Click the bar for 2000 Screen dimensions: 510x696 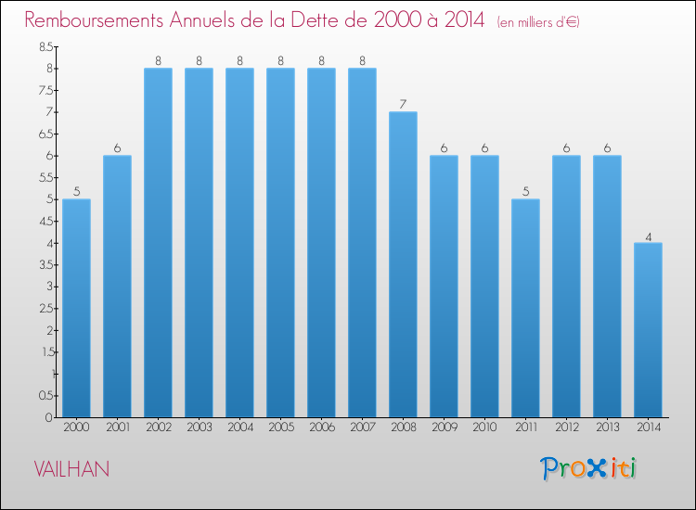pyautogui.click(x=76, y=308)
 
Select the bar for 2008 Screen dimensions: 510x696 pyautogui.click(x=403, y=264)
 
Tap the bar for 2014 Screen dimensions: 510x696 pyautogui.click(x=648, y=330)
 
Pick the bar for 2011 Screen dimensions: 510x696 pyautogui.click(x=525, y=308)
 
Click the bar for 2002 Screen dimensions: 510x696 pyautogui.click(x=158, y=243)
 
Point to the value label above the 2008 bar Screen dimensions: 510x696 pyautogui.click(x=403, y=104)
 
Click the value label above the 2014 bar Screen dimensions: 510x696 pyautogui.click(x=648, y=236)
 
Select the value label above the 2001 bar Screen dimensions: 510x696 pyautogui.click(x=117, y=148)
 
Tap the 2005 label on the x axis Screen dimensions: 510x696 pyautogui.click(x=280, y=427)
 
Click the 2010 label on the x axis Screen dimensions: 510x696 pyautogui.click(x=484, y=427)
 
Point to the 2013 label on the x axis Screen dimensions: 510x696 pyautogui.click(x=607, y=427)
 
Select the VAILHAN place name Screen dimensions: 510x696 pyautogui.click(x=71, y=469)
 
